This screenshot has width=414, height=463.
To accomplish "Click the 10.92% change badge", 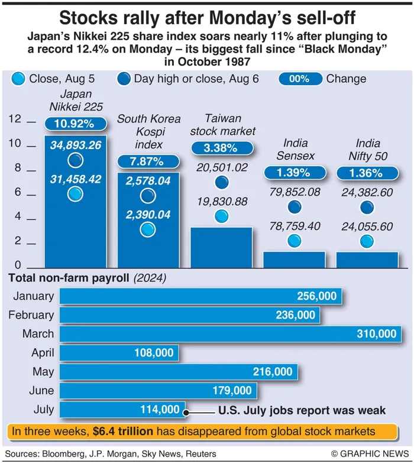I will (x=76, y=125).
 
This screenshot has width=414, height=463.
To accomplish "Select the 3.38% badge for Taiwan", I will (x=221, y=148).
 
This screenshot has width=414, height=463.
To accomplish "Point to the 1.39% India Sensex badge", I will (x=295, y=173).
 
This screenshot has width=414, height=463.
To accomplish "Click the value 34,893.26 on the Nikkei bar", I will (x=76, y=144).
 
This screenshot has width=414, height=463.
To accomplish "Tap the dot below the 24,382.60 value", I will (x=367, y=207).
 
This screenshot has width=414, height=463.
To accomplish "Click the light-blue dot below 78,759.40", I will (x=295, y=241).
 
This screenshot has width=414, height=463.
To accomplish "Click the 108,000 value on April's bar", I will (x=152, y=353).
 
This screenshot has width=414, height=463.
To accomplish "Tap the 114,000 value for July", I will (x=159, y=409).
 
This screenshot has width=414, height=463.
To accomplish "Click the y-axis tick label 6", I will (x=18, y=192).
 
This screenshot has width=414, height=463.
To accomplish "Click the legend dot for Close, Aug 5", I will (x=19, y=79).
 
